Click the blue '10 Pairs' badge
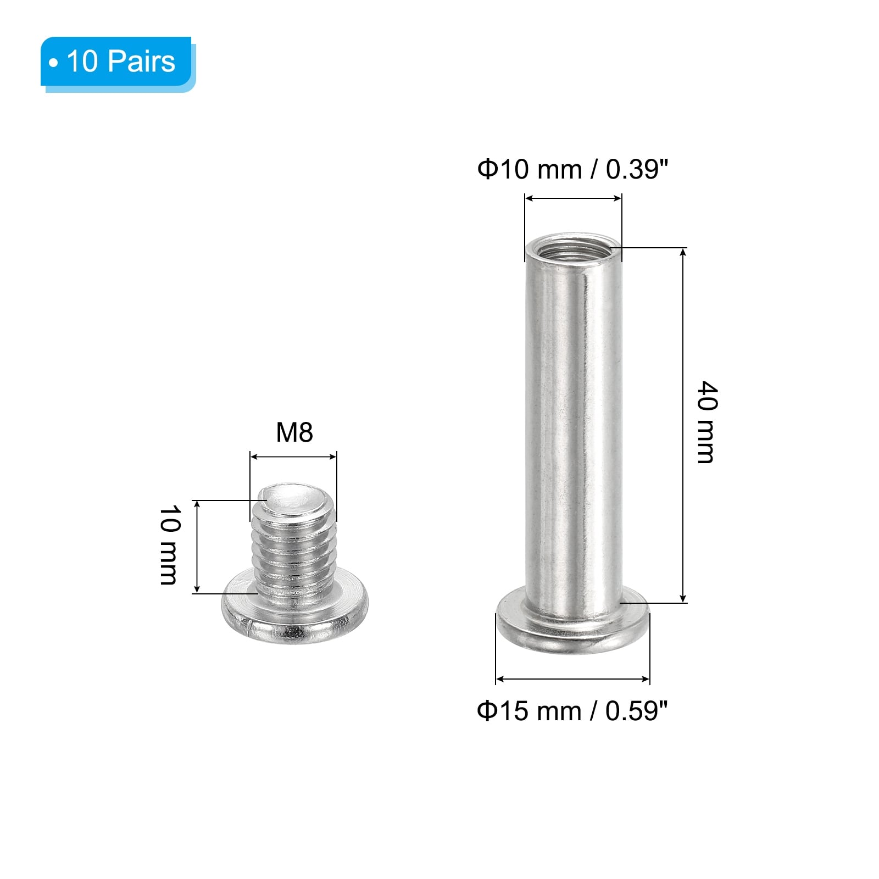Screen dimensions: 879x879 (x=116, y=62)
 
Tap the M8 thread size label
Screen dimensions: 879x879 (x=294, y=432)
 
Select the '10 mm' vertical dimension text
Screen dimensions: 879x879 (x=169, y=545)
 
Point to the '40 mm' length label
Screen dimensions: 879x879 (x=706, y=422)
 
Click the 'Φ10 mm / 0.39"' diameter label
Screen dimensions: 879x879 (x=572, y=169)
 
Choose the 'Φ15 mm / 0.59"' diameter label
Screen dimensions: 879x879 (x=572, y=711)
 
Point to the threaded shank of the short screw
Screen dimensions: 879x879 (x=294, y=549)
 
